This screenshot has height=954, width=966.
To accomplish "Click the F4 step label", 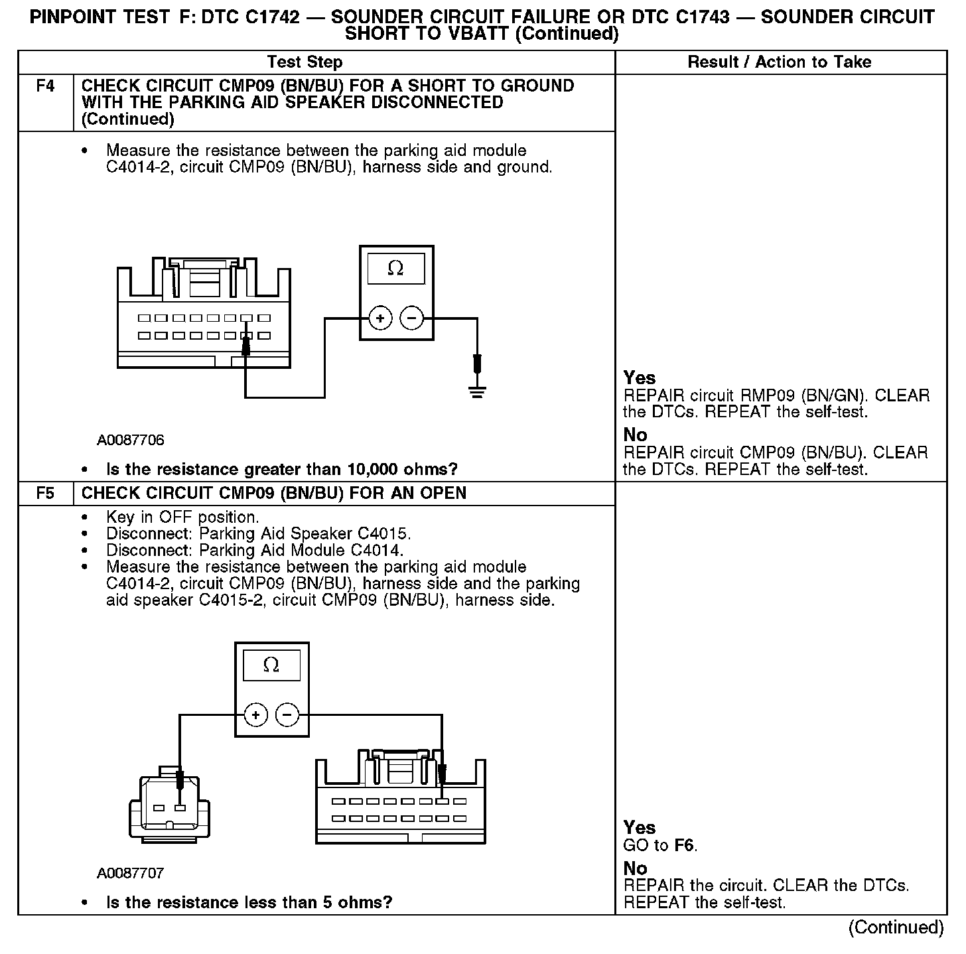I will (45, 86).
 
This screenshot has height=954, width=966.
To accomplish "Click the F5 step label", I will (45, 494).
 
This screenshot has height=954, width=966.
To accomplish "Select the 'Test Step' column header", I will (305, 62).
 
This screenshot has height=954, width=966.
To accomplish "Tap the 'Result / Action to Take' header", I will (780, 62).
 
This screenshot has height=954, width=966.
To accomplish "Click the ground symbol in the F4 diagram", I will (477, 391).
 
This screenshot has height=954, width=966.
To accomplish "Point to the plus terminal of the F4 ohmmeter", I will (380, 319).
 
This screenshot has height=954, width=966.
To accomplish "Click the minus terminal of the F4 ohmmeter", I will (412, 319).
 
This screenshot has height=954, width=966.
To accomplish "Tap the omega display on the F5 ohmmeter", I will (271, 665).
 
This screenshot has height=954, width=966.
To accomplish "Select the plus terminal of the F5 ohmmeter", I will (256, 715).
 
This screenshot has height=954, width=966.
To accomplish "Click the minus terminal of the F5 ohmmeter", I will (287, 715).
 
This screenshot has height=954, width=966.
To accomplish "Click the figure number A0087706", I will (131, 441).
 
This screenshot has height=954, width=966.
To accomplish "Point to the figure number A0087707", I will (131, 874).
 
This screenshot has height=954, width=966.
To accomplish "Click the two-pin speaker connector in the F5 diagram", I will (169, 806).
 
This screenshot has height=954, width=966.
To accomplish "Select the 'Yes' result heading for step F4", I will (640, 378).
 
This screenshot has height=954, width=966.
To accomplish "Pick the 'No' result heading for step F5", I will (636, 868).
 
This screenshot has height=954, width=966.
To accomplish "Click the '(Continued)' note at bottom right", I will (896, 927).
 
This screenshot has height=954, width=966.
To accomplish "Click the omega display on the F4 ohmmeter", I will (396, 268).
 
